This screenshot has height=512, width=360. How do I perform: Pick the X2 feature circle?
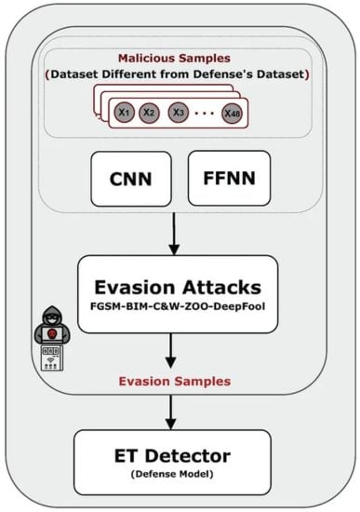tap(149, 112)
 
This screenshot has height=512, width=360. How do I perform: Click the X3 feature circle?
tap(179, 112)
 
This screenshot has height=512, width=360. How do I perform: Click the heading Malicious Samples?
tap(180, 60)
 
